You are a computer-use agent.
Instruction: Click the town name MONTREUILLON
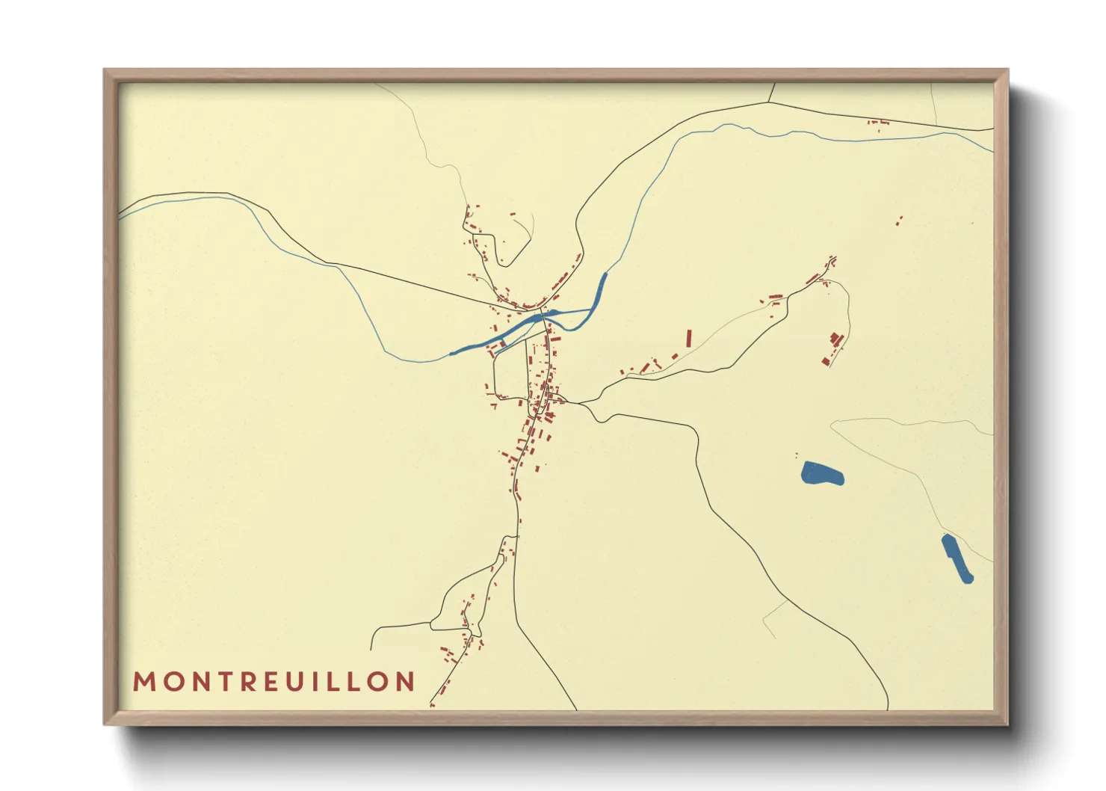(274, 681)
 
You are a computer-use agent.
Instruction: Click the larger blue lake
(822, 473)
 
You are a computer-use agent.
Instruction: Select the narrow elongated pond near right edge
(957, 558)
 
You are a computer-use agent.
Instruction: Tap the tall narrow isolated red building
(689, 338)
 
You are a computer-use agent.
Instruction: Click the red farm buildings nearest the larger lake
(834, 348)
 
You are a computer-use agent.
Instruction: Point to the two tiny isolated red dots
(899, 220)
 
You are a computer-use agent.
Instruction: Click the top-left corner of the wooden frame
(105, 70)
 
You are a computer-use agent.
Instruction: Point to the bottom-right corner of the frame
(1007, 724)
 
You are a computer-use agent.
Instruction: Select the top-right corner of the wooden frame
(1007, 70)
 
